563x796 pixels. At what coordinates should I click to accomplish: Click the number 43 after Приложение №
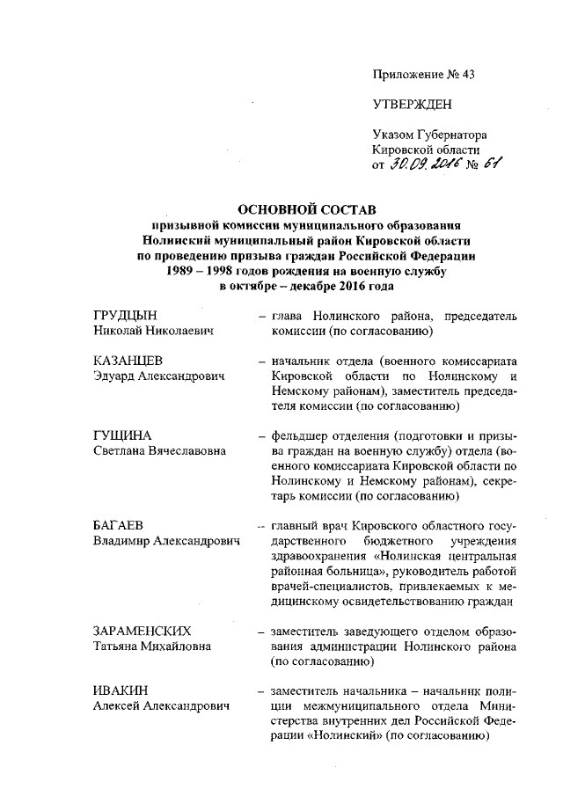465,74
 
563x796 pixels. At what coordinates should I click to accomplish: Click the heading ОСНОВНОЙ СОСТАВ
307,209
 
